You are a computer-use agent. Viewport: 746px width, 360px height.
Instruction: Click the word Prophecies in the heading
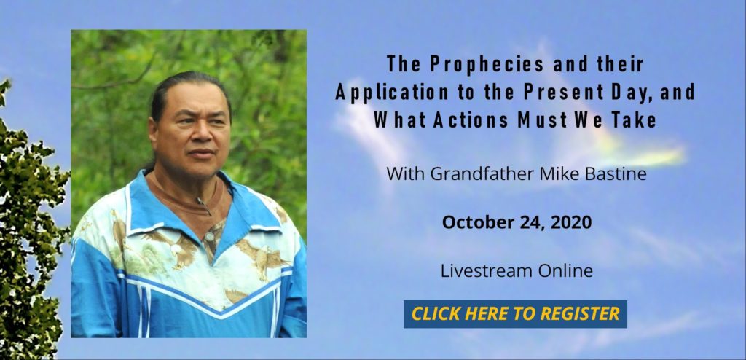(484, 64)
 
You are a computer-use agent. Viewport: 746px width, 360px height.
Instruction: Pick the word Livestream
(486, 271)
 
